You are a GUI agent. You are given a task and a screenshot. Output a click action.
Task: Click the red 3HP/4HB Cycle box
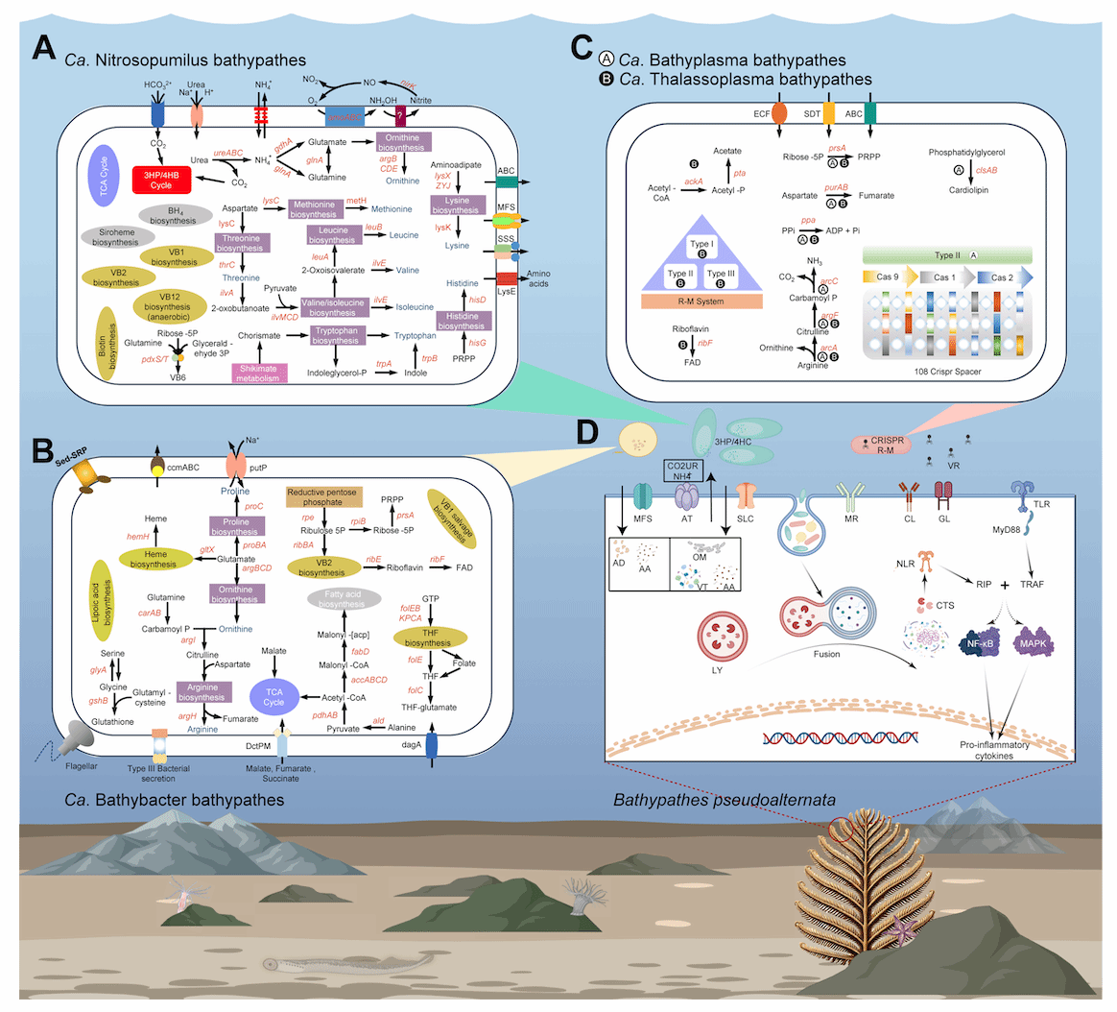point(160,180)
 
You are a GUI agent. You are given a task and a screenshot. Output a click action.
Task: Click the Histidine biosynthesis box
point(462,321)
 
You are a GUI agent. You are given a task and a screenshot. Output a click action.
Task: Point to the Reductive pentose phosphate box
point(323,496)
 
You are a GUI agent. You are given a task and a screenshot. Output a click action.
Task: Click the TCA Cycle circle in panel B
point(273,696)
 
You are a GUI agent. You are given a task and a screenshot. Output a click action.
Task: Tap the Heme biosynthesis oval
point(154,559)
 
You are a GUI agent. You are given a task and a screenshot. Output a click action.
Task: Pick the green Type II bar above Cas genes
point(947,255)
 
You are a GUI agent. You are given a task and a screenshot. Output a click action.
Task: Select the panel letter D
point(592,430)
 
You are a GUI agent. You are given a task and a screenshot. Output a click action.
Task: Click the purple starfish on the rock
point(905,929)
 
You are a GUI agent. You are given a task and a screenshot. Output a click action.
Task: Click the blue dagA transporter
point(431,745)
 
